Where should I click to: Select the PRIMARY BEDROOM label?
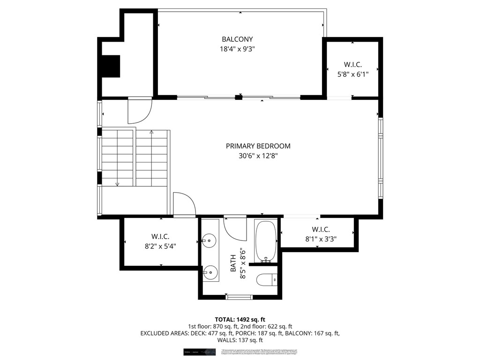point(258,146)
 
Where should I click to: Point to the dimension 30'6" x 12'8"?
point(258,156)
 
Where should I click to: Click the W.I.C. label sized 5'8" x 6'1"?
point(353,64)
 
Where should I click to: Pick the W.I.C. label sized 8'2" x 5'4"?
point(160,236)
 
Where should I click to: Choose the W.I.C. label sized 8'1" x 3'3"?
point(321,229)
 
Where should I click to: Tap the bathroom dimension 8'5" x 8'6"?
point(243,263)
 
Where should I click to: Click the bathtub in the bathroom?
point(266,241)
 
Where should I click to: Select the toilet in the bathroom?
point(267,279)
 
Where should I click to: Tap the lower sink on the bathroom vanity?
point(210,271)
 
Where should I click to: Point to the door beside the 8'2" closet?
point(184,205)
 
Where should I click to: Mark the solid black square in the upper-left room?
point(111,66)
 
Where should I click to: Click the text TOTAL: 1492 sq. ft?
point(240,319)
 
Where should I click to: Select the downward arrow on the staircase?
point(117,184)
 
